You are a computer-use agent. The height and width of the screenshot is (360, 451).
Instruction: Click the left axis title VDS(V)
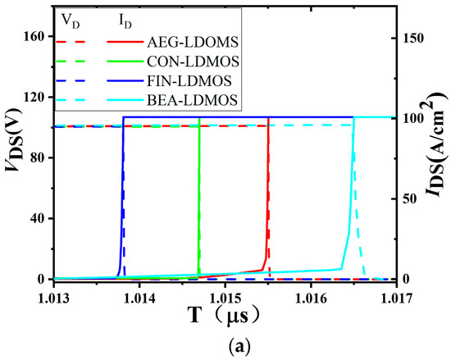click(13, 157)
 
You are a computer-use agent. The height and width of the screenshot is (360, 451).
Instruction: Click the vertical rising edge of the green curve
click(199, 197)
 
